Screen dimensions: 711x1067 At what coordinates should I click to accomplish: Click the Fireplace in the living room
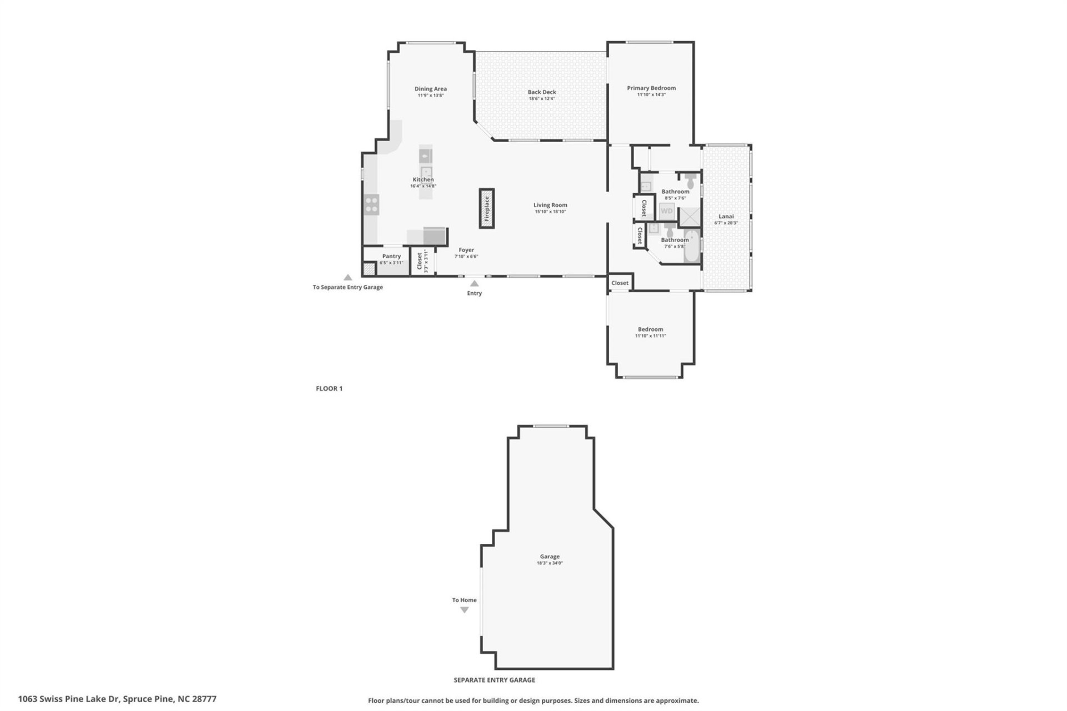tap(487, 208)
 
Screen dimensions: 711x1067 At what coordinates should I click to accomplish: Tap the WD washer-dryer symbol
tap(666, 211)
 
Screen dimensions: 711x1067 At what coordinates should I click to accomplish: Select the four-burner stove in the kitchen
tap(372, 204)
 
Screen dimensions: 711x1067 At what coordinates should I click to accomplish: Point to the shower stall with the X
tap(690, 217)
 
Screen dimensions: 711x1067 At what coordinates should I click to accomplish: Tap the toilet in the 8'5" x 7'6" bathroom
tap(690, 179)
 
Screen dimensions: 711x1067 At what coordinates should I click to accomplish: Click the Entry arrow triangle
tap(474, 283)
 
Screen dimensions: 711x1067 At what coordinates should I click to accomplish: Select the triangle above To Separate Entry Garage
tap(347, 277)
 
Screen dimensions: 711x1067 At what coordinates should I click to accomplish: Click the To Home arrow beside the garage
tap(464, 609)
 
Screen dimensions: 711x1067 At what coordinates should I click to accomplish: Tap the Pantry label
tap(391, 256)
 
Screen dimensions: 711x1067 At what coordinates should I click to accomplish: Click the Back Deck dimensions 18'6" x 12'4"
tap(541, 99)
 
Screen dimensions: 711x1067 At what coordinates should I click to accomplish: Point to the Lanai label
tap(726, 216)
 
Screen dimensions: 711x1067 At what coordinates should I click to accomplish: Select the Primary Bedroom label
tap(651, 88)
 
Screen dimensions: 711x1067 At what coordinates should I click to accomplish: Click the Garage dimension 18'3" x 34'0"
tap(550, 563)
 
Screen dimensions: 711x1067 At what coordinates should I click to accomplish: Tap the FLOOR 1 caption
tap(329, 388)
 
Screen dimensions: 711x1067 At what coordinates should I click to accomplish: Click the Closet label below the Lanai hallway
tap(620, 283)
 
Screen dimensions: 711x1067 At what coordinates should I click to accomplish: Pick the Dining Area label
tap(430, 88)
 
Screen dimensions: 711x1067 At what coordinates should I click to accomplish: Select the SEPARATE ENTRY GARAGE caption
tap(494, 680)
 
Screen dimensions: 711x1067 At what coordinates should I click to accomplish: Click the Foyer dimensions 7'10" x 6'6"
tap(466, 257)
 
